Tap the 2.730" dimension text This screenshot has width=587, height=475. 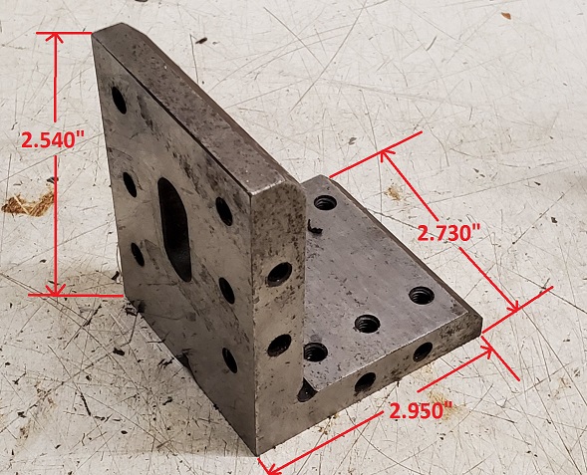coord(448,234)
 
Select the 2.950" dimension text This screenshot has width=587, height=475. coord(421,411)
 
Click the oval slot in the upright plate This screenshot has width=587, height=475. coord(174,229)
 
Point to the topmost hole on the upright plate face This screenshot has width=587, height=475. coord(119,100)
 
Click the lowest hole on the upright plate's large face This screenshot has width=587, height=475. coord(229,360)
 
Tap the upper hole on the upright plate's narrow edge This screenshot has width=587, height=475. coord(279,274)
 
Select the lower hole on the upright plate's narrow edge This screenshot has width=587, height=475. coord(279,345)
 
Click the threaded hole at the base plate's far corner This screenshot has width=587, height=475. coord(325,203)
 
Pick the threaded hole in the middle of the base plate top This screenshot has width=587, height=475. coord(368,324)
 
